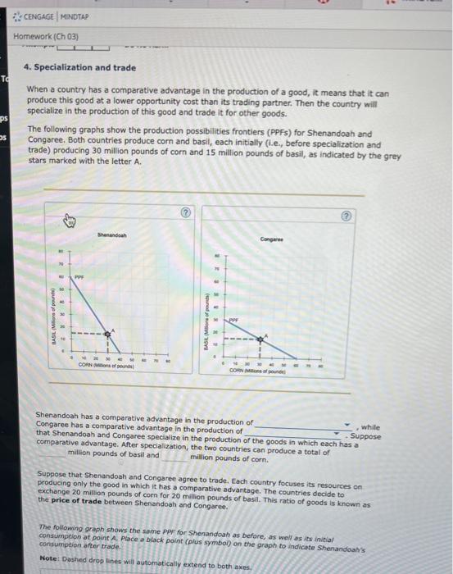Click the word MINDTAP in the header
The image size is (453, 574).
[x=74, y=16]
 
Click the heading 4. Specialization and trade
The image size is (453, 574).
[x=80, y=68]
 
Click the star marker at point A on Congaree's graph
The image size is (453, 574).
[x=262, y=339]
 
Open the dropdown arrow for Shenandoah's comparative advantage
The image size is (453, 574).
[x=347, y=425]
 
